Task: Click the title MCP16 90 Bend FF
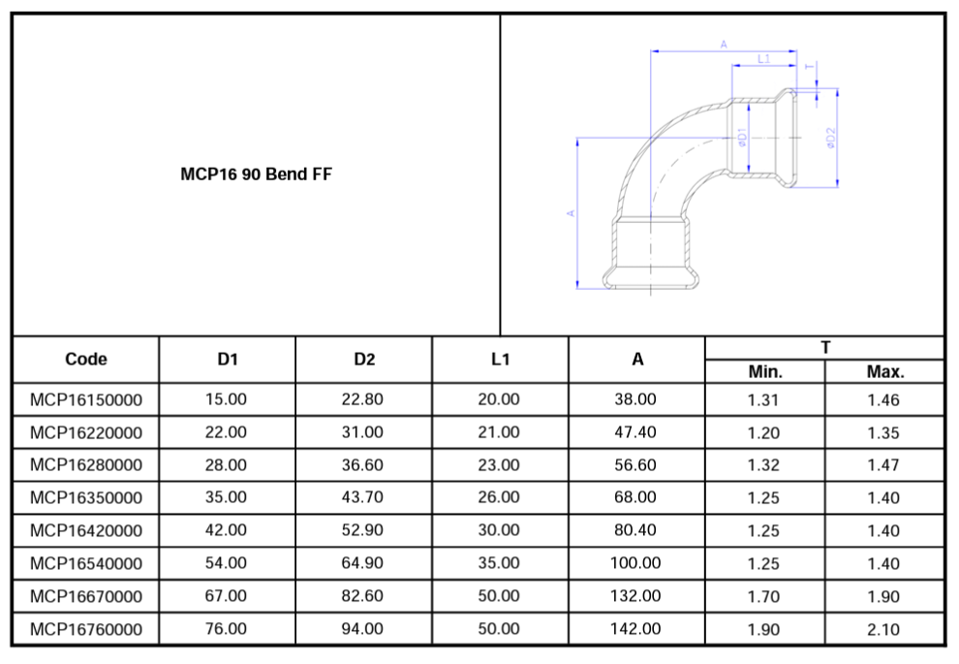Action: (257, 174)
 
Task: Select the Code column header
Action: (85, 360)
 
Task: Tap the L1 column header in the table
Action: (500, 360)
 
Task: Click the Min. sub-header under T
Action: (765, 371)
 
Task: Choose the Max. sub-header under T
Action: (885, 371)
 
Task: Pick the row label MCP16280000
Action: (86, 465)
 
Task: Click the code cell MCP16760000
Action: (86, 629)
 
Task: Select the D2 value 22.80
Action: (362, 399)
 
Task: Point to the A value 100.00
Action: (634, 563)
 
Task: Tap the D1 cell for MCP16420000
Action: (226, 530)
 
